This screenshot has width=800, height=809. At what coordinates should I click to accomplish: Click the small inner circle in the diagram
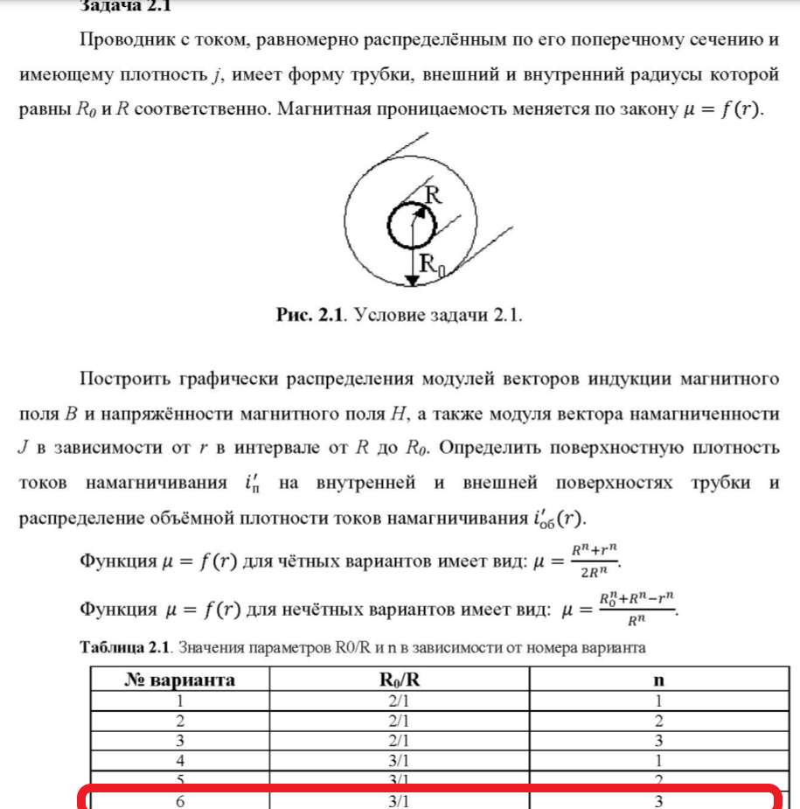click(x=411, y=227)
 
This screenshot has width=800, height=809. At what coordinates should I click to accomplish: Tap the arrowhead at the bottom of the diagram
click(x=411, y=280)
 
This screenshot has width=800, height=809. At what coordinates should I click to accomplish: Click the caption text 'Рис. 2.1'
click(x=309, y=315)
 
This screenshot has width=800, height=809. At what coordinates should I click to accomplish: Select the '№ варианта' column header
click(x=179, y=680)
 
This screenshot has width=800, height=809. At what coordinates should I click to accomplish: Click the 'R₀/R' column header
click(x=399, y=680)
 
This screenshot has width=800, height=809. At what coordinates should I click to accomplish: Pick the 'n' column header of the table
click(x=659, y=680)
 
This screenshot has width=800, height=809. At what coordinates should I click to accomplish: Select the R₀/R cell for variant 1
click(x=399, y=701)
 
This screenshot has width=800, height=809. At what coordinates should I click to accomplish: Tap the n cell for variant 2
click(x=659, y=721)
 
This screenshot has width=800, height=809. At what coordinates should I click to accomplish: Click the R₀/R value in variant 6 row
click(x=399, y=801)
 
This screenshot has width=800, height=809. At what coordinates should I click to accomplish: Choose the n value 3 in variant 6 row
click(x=659, y=801)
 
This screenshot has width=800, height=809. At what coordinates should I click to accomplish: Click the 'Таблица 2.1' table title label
click(x=122, y=648)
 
